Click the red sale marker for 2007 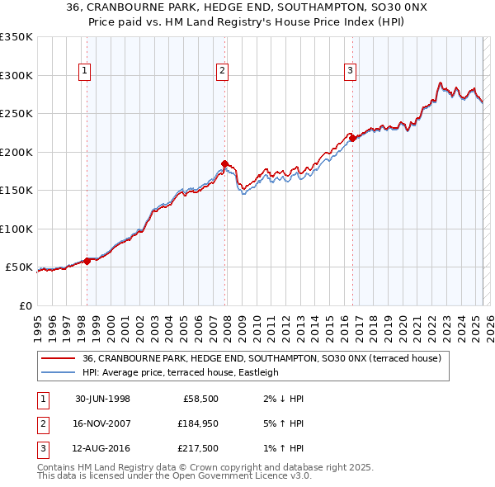click(224, 163)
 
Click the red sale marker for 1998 click(87, 261)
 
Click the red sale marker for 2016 click(352, 139)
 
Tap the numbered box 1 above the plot click(86, 72)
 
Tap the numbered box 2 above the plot click(223, 72)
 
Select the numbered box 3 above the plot click(351, 72)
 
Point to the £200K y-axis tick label click(16, 152)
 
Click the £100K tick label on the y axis click(16, 229)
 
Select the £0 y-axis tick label click(25, 305)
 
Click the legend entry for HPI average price click(181, 372)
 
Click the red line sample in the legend click(58, 358)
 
